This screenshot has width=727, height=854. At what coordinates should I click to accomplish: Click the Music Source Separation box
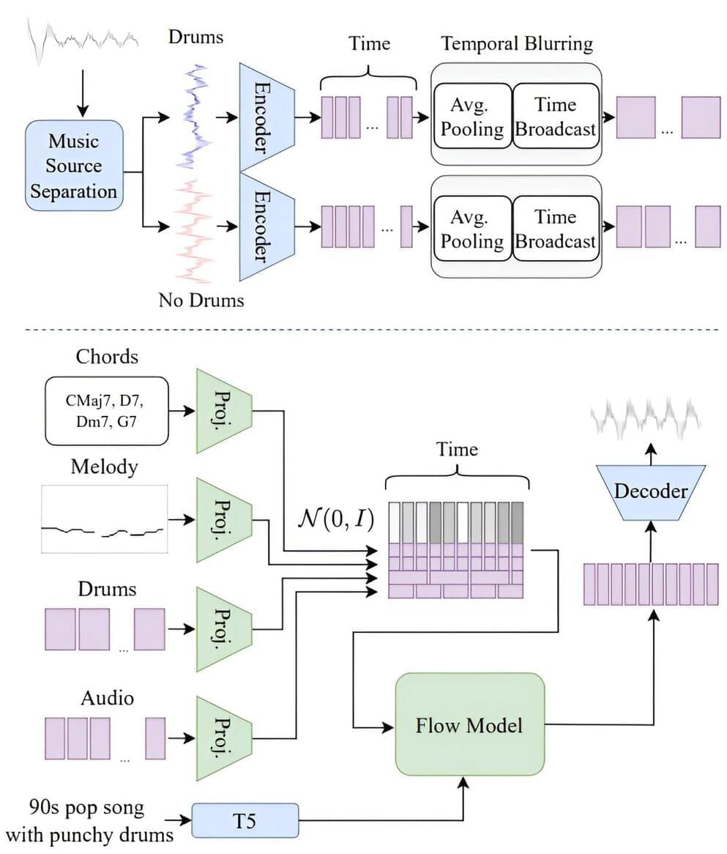73,166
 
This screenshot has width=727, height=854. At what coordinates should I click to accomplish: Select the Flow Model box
470,725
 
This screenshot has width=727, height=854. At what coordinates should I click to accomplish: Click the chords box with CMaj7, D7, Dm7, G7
107,411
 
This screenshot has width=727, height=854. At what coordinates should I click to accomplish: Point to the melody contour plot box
104,519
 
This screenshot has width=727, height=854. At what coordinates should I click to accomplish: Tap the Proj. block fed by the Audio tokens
223,738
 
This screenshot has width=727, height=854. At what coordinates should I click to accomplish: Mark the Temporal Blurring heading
517,43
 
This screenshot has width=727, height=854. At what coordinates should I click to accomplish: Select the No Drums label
201,300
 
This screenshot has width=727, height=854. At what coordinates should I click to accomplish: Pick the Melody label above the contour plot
104,467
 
